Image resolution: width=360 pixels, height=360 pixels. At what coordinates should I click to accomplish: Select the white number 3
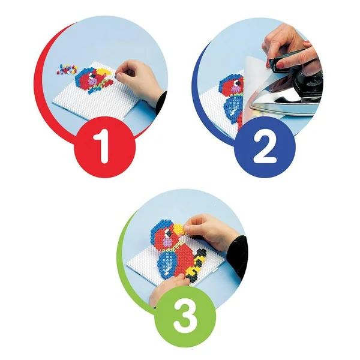pos(185,315)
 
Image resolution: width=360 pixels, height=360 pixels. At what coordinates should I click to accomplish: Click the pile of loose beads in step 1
pos(67,69)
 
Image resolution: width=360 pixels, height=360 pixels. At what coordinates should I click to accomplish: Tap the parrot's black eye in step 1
pos(93,75)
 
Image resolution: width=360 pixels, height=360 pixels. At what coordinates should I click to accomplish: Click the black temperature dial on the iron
pos(313,81)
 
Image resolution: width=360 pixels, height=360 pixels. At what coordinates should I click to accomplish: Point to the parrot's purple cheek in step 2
pos(236,89)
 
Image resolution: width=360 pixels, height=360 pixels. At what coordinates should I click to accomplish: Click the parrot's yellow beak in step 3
pos(179,229)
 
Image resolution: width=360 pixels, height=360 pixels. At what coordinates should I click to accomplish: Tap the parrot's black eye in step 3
pos(169,234)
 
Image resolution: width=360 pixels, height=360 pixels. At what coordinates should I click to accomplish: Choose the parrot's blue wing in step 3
pos(167,263)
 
